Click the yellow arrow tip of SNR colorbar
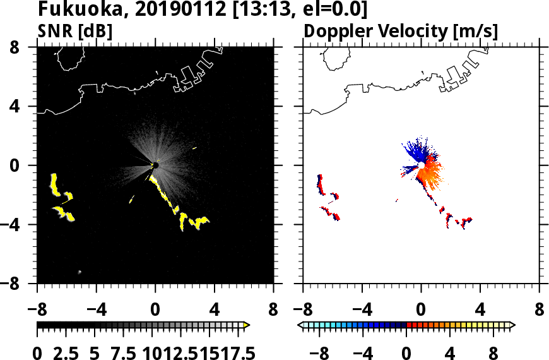[x=247, y=325]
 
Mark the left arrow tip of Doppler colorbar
[x=300, y=325]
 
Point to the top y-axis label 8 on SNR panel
[x=25, y=47]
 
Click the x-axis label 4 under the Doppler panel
[x=480, y=311]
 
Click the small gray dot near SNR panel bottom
[x=80, y=272]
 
